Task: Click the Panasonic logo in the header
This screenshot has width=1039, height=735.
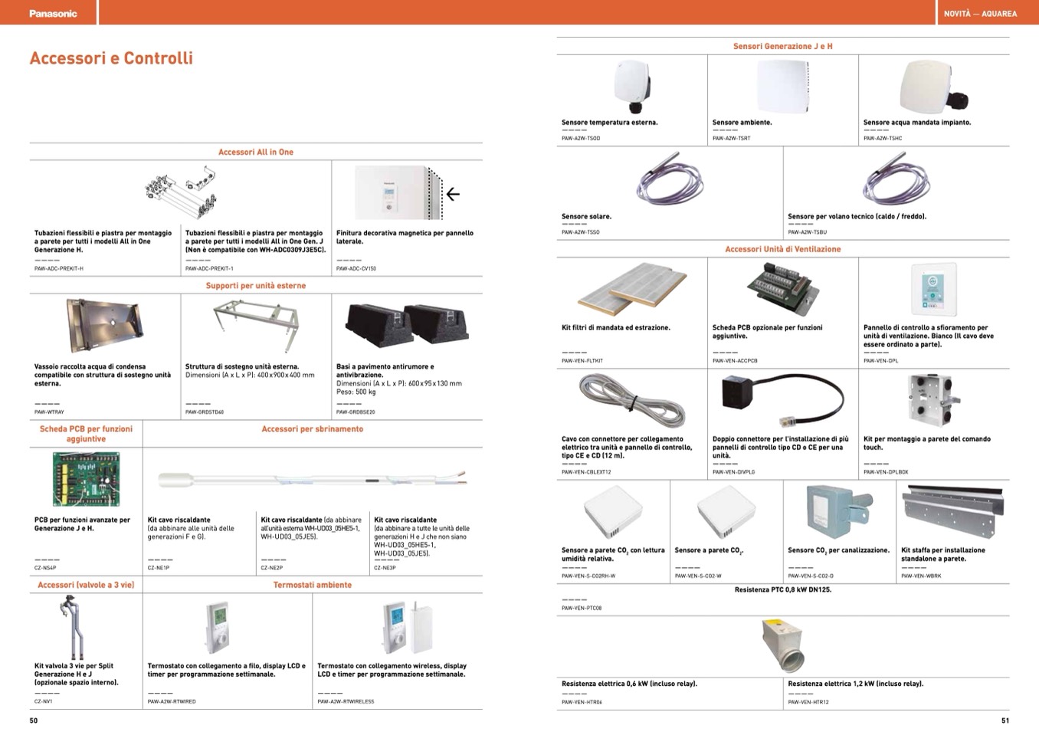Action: [x=53, y=13]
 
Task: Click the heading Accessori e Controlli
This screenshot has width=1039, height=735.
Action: [x=111, y=58]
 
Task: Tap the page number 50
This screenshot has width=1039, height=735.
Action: [x=34, y=720]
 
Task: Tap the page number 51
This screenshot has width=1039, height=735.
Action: [x=1005, y=720]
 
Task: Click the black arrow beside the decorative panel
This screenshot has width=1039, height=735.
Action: [x=453, y=194]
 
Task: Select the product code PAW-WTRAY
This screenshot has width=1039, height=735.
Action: [x=50, y=412]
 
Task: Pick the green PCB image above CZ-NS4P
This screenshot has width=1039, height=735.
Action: [x=85, y=479]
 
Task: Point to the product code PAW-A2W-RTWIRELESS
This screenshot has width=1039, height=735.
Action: [x=346, y=701]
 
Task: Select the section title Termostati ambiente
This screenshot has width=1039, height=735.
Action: [x=313, y=585]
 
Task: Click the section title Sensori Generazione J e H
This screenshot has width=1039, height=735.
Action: [x=782, y=46]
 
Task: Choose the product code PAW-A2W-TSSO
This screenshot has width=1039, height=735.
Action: [x=581, y=232]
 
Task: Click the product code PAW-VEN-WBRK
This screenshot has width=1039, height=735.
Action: [x=921, y=576]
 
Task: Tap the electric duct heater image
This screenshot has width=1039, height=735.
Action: [x=783, y=645]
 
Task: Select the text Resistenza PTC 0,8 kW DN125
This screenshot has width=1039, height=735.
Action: [x=782, y=590]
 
